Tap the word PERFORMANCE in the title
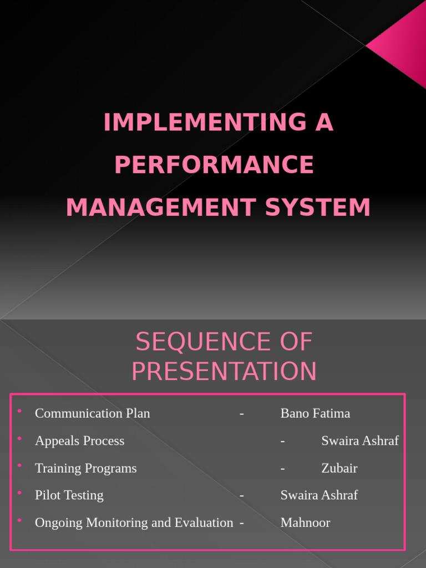pos(214,165)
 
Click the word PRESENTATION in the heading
pos(224,371)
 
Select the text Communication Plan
pos(92,413)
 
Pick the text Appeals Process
pos(79,440)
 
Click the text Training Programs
pos(85,468)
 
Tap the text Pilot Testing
pos(69,495)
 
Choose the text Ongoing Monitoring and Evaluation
pos(134,523)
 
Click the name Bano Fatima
pos(315,413)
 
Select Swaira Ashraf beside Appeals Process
pos(360,440)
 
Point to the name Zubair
pos(339,468)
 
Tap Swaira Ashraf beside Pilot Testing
pos(319,495)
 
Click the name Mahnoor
pos(305,523)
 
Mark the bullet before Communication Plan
pos(19,411)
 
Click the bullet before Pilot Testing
pos(19,493)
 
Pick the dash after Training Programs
pos(283,468)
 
